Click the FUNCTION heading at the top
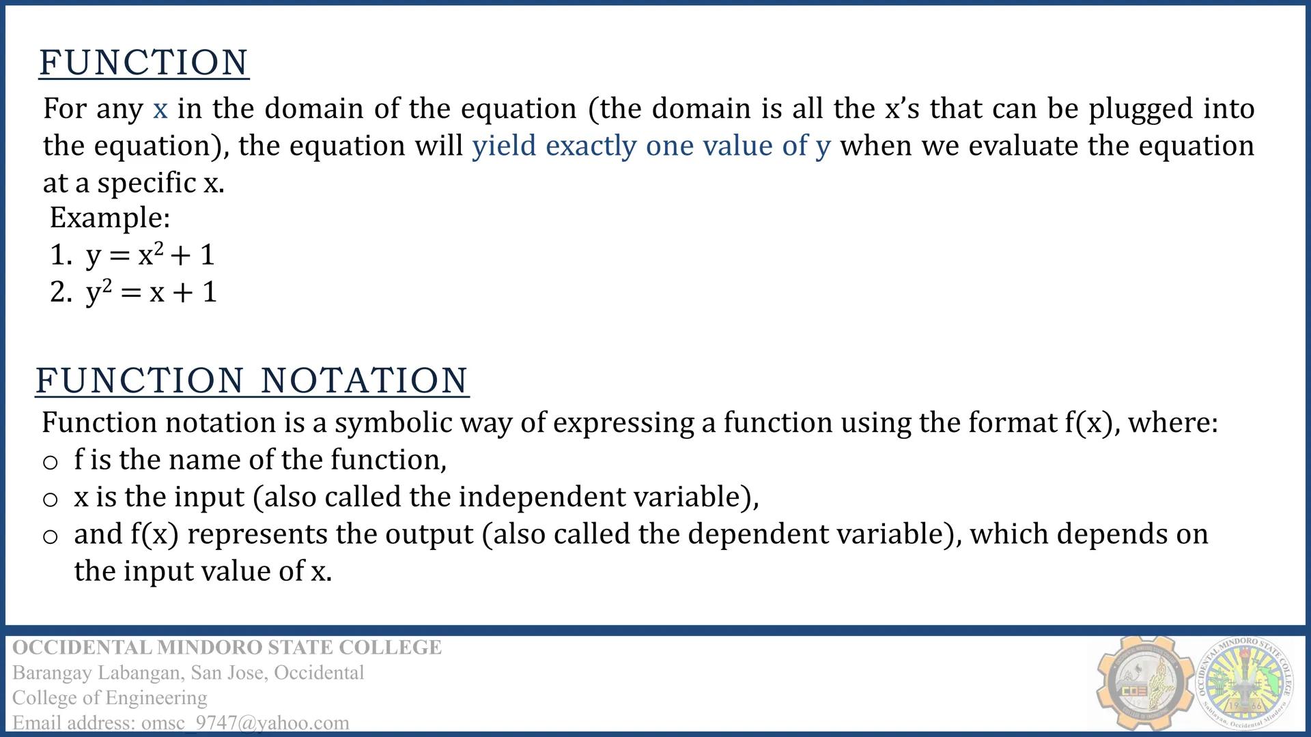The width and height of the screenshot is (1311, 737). pyautogui.click(x=144, y=63)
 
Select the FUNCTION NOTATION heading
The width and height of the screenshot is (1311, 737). pyautogui.click(x=252, y=380)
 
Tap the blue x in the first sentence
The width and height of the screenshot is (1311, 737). pyautogui.click(x=160, y=109)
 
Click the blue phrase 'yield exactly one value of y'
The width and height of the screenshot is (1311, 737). pyautogui.click(x=651, y=146)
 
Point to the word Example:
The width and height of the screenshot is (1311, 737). pyautogui.click(x=110, y=218)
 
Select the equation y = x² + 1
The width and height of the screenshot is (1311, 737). pyautogui.click(x=150, y=255)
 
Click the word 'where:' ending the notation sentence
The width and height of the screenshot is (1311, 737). pyautogui.click(x=1173, y=423)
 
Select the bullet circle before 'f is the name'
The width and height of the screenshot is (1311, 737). pyautogui.click(x=50, y=463)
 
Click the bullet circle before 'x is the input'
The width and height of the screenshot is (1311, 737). pyautogui.click(x=50, y=500)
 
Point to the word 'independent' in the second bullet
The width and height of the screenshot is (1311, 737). pyautogui.click(x=541, y=497)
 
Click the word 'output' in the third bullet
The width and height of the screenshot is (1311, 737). pyautogui.click(x=429, y=534)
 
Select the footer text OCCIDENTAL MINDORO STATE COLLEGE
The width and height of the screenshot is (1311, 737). pyautogui.click(x=227, y=647)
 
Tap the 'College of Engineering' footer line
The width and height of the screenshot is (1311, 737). pyautogui.click(x=110, y=697)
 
